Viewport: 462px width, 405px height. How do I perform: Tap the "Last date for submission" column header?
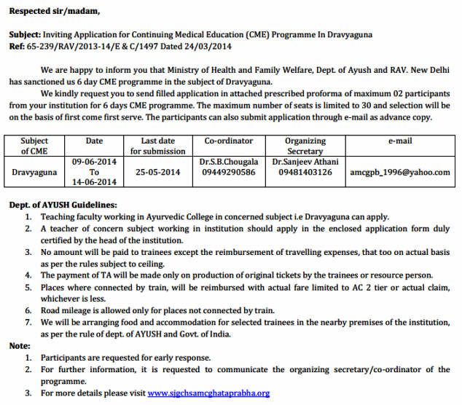coord(158,146)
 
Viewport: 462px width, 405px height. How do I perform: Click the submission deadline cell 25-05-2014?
coord(158,172)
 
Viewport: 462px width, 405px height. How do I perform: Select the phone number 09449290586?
coord(228,172)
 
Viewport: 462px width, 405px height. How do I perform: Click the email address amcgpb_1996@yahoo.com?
coord(400,173)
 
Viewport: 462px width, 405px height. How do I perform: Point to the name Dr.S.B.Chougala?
coord(228,162)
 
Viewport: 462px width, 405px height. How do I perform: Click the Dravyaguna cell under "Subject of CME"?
coord(34,173)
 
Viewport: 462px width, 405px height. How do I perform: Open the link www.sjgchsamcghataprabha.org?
coord(208,393)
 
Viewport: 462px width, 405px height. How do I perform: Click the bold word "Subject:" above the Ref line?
coord(26,34)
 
